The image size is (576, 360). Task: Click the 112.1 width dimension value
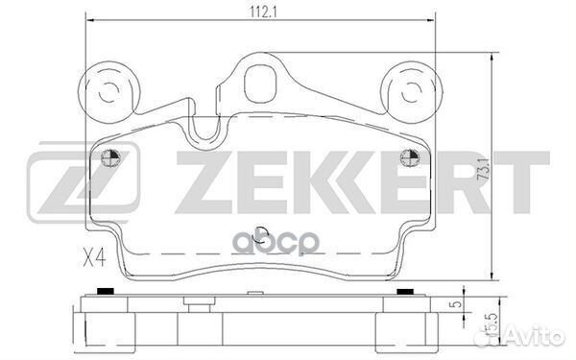click(263, 12)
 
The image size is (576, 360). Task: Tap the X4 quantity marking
click(94, 256)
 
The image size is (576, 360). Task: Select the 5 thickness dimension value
click(457, 304)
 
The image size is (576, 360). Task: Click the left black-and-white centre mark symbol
click(111, 158)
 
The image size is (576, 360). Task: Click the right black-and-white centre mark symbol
click(410, 158)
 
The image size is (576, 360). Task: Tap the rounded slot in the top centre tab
click(260, 83)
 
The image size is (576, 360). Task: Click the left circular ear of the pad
click(108, 92)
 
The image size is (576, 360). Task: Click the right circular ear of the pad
click(412, 92)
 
